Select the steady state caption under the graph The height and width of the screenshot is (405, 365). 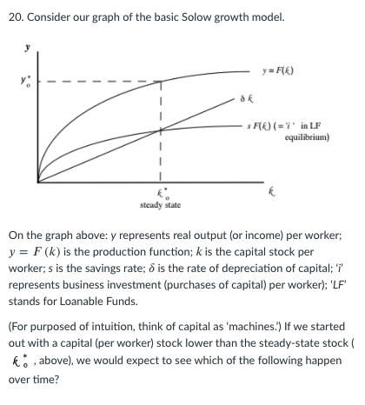pos(160,204)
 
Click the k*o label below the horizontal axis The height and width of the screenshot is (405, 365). pos(160,190)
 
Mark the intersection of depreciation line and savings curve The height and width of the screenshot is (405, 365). pos(160,131)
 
